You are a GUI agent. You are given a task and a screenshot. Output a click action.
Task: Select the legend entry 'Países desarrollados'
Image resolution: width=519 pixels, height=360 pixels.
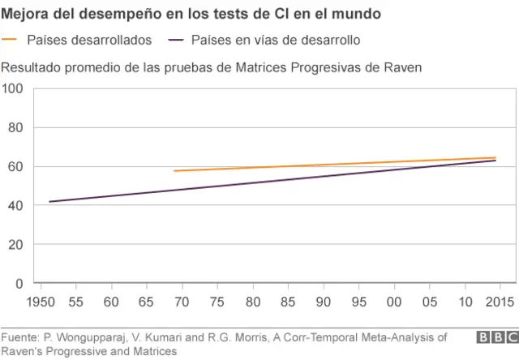coord(88,40)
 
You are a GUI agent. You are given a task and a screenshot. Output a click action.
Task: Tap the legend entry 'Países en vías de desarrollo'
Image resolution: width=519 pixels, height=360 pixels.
coord(276,40)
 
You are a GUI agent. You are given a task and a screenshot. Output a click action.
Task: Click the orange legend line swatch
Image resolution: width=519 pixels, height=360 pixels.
coord(11,40)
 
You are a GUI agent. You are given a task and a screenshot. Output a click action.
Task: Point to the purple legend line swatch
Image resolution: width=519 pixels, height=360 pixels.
coord(177,40)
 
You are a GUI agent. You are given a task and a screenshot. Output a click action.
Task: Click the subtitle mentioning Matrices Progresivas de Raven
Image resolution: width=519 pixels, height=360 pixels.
coord(212,66)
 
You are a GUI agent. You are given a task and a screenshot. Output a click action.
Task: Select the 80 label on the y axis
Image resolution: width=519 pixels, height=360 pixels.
coord(15,128)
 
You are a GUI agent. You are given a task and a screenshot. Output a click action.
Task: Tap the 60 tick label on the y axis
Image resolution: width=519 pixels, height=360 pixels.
coord(15,167)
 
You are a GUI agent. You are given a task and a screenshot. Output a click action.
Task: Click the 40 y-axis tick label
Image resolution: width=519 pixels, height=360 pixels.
coord(15,206)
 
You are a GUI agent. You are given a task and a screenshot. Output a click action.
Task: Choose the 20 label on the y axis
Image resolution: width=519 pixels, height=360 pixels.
coord(15,245)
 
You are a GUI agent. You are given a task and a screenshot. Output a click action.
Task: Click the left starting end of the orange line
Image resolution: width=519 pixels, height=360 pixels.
coord(174,171)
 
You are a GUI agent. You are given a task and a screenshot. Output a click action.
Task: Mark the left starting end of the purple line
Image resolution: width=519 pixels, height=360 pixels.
coord(49,202)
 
